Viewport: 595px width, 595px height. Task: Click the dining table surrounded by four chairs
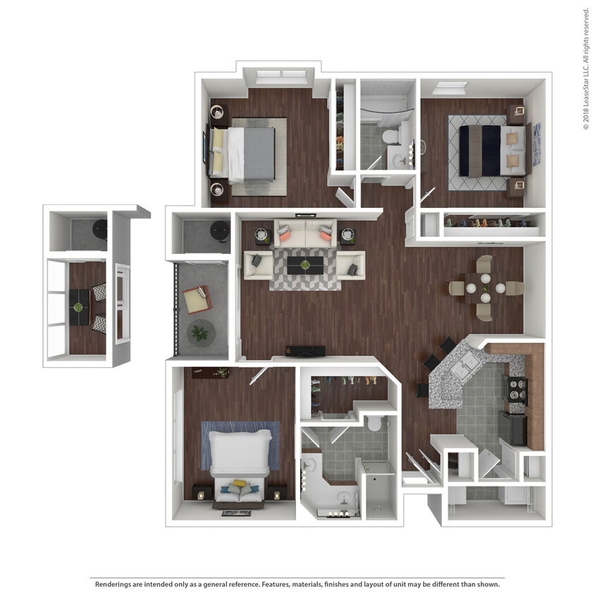486,288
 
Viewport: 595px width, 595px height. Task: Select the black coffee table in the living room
305,265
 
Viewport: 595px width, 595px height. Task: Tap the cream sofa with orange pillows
305,235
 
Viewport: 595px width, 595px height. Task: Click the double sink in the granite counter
467,365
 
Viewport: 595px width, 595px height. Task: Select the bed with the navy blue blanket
491,149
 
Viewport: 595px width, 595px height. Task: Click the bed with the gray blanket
247,152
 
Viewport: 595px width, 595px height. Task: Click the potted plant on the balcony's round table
201,332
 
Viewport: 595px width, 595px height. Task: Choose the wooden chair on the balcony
197,299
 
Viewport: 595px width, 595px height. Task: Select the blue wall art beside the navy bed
536,145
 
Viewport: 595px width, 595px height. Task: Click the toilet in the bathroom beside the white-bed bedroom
374,423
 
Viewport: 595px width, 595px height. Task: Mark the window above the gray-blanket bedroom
281,74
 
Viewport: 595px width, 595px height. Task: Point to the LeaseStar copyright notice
586,68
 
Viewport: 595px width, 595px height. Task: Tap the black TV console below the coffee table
305,351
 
